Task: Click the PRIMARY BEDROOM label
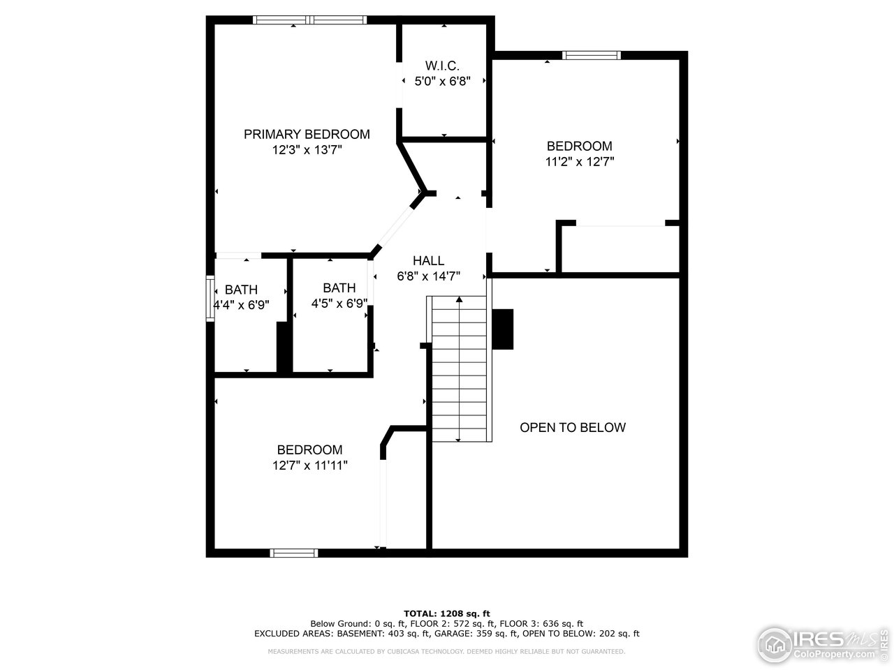coord(307,134)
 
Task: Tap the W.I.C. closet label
coord(442,66)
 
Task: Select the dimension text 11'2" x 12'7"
coord(580,161)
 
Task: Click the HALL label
coord(428,260)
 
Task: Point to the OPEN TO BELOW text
coord(573,427)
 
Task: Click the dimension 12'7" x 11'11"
coord(310,465)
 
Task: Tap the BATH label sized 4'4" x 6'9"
coord(241,290)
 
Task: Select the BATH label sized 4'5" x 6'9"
coord(339,288)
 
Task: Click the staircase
coord(459,368)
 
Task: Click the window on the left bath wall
coord(210,299)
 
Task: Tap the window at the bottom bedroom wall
coord(294,553)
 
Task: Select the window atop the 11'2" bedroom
coord(592,55)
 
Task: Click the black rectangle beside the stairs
coord(503,329)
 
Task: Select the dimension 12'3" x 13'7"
coord(307,149)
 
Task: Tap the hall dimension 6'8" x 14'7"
coord(428,276)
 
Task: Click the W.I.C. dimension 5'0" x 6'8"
coord(442,81)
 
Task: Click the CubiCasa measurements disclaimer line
coord(447,651)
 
